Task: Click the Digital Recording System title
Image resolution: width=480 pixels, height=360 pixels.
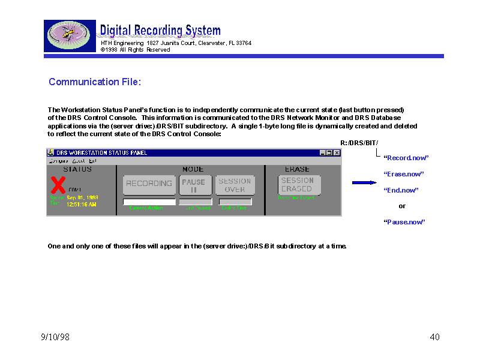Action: pyautogui.click(x=160, y=31)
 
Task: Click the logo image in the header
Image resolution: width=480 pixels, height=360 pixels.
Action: pyautogui.click(x=70, y=36)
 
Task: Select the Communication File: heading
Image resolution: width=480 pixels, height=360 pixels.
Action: pyautogui.click(x=94, y=82)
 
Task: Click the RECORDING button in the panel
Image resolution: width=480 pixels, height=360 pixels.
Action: pyautogui.click(x=149, y=184)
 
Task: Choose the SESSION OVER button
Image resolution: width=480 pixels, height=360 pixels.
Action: pyautogui.click(x=235, y=185)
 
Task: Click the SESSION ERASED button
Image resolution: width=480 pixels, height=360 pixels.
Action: pyautogui.click(x=298, y=184)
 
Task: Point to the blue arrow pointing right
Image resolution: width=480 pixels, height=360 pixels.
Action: pyautogui.click(x=364, y=182)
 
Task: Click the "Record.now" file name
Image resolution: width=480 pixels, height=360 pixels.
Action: pyautogui.click(x=406, y=158)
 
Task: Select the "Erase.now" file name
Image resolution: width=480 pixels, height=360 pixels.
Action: pyautogui.click(x=404, y=174)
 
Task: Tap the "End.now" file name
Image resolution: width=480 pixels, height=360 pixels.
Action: pyautogui.click(x=401, y=190)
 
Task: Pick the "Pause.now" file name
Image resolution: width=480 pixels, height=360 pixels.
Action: pyautogui.click(x=404, y=222)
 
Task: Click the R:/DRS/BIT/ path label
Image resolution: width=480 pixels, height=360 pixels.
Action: pyautogui.click(x=359, y=142)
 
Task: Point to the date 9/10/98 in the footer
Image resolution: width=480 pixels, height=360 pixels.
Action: pyautogui.click(x=55, y=337)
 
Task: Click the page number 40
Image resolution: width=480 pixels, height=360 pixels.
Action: pyautogui.click(x=435, y=337)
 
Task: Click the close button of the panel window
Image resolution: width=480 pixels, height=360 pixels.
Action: pyautogui.click(x=337, y=153)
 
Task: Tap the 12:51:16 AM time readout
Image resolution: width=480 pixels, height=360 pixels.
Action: pyautogui.click(x=82, y=204)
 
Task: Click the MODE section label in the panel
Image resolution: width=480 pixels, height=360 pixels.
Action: pyautogui.click(x=193, y=169)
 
